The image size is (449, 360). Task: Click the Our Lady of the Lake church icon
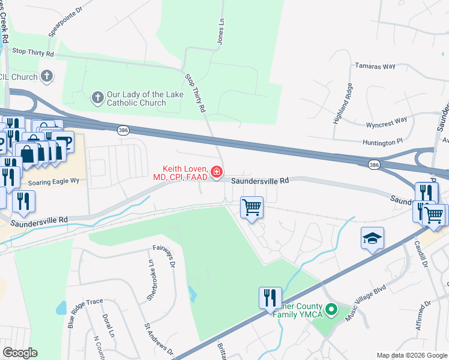click(97, 97)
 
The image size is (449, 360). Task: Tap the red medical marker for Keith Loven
click(216, 173)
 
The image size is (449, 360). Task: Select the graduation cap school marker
click(372, 239)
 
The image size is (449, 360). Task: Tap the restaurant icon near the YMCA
click(270, 297)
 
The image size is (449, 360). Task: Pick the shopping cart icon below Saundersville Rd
click(252, 208)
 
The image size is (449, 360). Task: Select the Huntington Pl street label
click(382, 142)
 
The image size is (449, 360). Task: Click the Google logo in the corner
click(20, 353)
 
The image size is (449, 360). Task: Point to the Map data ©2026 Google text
click(412, 355)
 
